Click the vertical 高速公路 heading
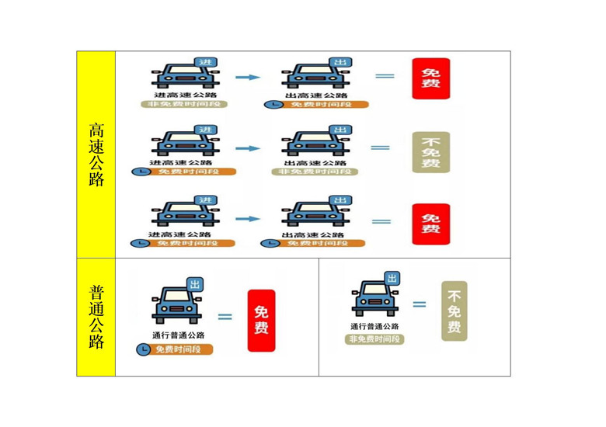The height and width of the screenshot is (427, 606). coord(96,154)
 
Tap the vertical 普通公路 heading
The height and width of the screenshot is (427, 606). coord(96,317)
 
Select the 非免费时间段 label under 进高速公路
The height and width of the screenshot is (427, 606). coord(183,104)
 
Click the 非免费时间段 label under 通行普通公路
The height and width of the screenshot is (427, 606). coord(375,339)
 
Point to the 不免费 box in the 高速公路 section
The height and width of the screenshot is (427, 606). coord(430,152)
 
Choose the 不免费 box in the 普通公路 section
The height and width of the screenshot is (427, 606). coord(454,311)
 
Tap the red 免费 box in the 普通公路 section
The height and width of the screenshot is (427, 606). coord(261,320)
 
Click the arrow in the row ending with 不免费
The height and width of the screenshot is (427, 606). coord(247,148)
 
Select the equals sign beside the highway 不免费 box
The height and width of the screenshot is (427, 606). coord(380,148)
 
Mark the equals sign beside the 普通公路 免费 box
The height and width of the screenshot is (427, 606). coord(225,316)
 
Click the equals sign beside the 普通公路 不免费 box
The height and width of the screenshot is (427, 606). coord(420,304)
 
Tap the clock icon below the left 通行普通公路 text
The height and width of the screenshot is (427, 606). coord(144,349)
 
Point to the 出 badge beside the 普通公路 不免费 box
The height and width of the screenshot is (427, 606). coord(392,279)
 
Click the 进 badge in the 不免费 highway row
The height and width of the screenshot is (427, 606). coord(206,129)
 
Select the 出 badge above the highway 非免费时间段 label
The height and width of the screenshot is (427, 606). coord(339,129)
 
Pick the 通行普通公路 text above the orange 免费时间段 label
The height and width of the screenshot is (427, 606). coord(179,335)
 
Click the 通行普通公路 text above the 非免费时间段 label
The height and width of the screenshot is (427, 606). coord(375,327)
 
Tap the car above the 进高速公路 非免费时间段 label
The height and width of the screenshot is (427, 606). coord(183,75)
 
